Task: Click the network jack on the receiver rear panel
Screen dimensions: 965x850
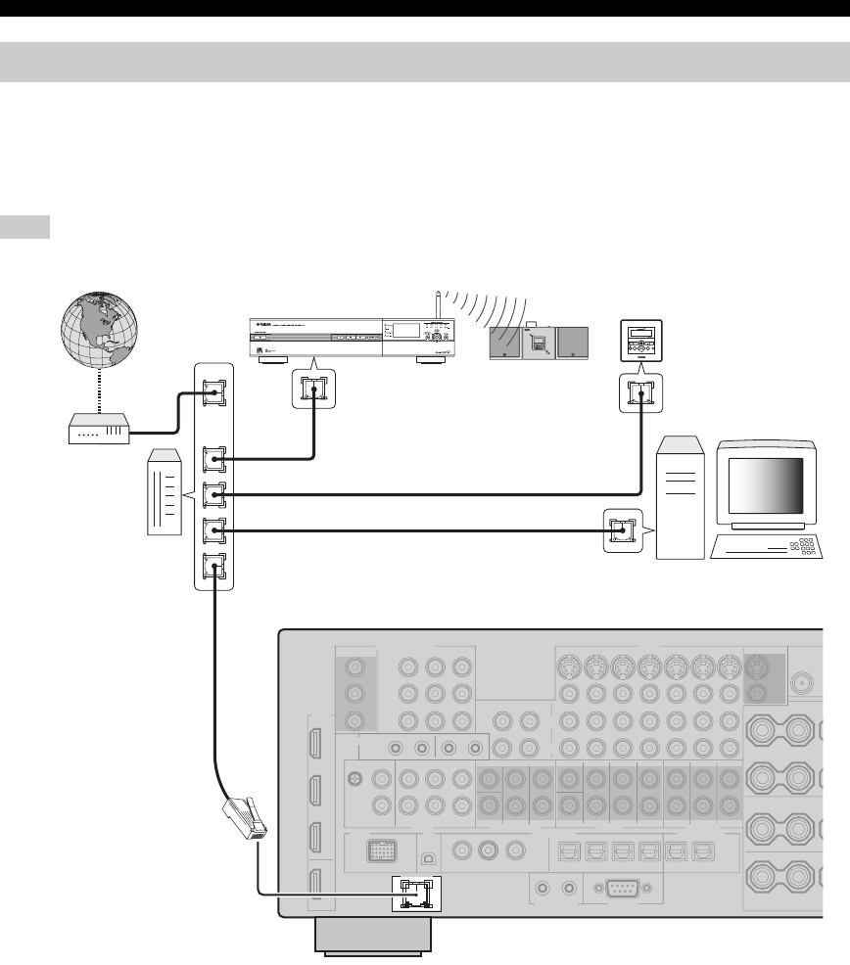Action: click(x=417, y=894)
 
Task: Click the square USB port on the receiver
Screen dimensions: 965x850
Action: click(x=426, y=850)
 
